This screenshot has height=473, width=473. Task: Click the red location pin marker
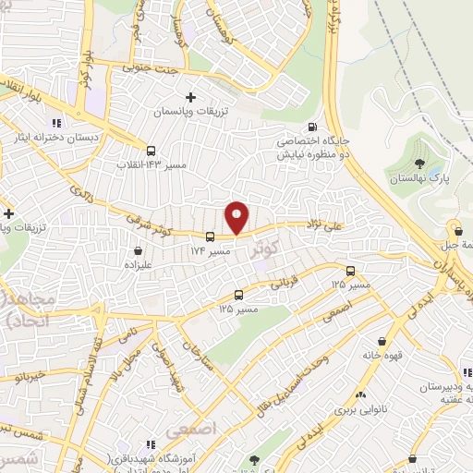237,217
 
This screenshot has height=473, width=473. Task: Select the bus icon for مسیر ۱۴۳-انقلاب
151,151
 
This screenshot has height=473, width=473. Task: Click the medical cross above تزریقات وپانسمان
191,96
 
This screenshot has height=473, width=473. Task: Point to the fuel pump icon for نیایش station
311,127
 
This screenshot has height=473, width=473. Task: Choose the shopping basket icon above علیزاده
138,249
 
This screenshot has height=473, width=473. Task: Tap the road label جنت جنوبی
151,67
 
